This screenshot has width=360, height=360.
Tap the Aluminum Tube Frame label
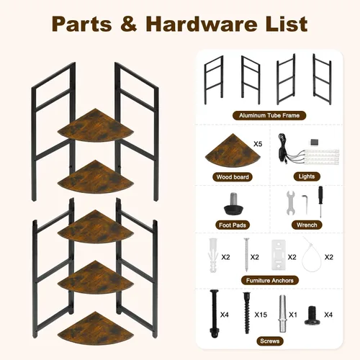coord(269,115)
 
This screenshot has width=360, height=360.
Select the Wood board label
coord(233,177)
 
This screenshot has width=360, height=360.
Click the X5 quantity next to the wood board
coord(258,144)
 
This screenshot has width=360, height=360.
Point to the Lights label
coord(307,176)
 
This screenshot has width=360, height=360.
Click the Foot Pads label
coord(233,225)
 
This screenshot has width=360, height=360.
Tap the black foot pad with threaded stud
coord(233,203)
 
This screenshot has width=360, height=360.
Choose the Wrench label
coord(307,225)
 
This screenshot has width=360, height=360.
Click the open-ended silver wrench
coord(291,203)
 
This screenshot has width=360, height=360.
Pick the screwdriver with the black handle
coord(320,202)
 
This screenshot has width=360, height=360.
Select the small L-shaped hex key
coord(305,204)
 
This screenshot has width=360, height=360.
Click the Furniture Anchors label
coord(270,280)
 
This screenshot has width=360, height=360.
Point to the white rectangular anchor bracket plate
coord(279,254)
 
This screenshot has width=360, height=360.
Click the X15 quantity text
coord(261,315)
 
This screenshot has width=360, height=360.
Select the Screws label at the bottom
coord(270,341)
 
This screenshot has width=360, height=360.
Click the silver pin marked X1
coord(282,313)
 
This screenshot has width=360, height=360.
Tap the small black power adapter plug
coord(314,141)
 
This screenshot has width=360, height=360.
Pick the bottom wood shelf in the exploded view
coord(95,328)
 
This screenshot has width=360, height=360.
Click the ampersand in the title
coord(129,24)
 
